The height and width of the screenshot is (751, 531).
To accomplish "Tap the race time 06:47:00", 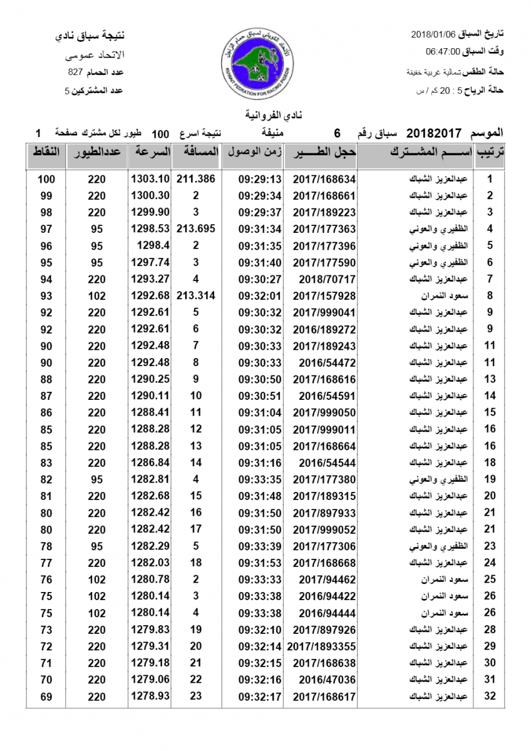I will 443,51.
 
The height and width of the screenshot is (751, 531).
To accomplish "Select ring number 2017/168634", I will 324,179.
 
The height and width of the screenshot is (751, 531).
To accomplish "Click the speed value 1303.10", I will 150,179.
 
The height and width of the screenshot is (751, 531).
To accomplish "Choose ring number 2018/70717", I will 324,279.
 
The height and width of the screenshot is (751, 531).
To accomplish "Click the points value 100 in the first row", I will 46,179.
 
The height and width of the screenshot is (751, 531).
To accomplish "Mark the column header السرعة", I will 150,153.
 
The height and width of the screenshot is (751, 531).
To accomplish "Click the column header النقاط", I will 46,153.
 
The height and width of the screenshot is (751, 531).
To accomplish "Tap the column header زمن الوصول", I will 253,153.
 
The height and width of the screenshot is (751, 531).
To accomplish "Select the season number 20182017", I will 434,133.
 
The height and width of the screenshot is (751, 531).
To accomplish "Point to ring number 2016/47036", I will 324,680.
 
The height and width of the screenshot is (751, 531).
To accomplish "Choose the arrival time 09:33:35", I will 260,479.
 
